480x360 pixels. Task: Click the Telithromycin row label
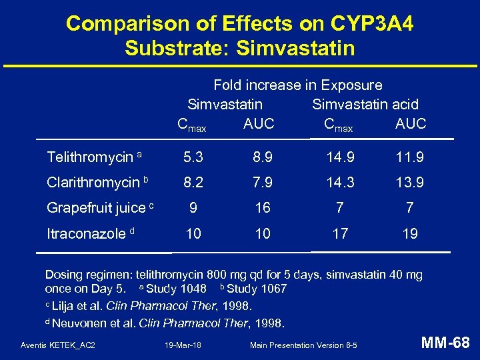90,157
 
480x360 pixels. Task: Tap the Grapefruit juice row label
96,208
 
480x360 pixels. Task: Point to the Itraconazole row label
86,233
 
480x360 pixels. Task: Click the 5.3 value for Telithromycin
193,157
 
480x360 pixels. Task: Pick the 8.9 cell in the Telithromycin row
263,157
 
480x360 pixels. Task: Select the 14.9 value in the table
340,157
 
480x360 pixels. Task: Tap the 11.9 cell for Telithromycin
410,157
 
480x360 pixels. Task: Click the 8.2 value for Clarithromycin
193,183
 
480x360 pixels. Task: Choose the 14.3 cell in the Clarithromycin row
340,183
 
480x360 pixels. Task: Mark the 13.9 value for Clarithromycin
410,183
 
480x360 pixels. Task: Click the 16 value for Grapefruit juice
263,208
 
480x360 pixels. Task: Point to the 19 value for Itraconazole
410,233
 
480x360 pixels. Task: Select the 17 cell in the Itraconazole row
340,233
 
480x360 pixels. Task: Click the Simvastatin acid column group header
365,105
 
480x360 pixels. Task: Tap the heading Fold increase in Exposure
298,85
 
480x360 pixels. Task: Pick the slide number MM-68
445,343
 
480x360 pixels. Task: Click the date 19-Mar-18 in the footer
183,345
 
